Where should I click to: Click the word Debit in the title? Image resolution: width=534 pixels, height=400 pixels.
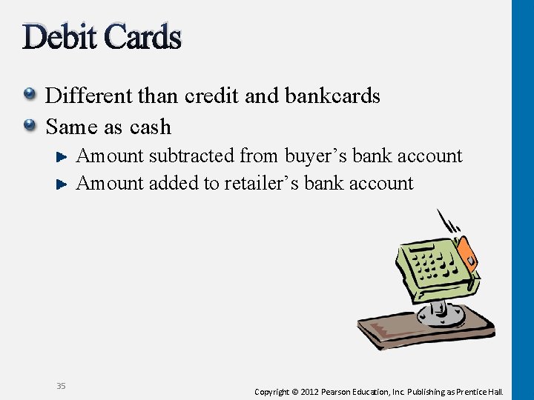pos(60,36)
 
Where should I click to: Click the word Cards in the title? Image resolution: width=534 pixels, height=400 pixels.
pos(142,36)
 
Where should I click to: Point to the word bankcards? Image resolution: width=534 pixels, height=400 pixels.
pos(334,96)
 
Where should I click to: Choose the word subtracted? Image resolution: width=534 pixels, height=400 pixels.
pos(191,156)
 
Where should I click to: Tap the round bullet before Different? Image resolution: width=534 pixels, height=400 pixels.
pos(29,94)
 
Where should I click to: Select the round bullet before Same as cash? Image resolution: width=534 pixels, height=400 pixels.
pos(29,125)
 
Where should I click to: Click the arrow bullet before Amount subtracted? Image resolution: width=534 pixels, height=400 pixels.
pos(63,156)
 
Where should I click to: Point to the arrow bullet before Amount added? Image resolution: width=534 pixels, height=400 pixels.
pos(63,183)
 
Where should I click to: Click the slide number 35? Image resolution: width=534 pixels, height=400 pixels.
pos(61,385)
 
